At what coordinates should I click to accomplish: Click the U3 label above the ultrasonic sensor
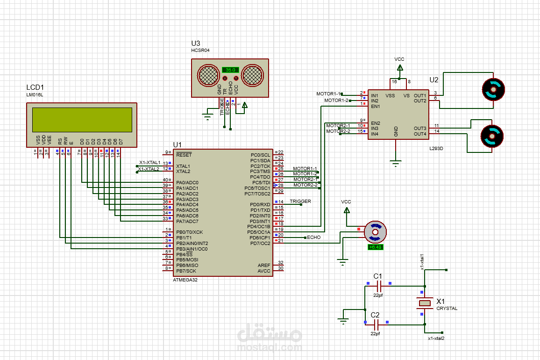196,43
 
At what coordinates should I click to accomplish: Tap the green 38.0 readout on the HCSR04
230,70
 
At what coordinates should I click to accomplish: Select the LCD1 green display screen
82,120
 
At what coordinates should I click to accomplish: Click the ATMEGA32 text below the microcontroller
185,279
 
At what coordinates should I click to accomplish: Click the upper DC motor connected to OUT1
493,89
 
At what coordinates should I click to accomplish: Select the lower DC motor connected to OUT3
492,137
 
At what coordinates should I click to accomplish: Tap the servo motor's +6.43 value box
376,247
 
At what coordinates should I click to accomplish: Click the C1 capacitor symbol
379,284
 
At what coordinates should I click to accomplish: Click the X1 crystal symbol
425,303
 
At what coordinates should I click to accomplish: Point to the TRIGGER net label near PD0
300,202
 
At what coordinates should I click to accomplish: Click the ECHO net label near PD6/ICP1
314,238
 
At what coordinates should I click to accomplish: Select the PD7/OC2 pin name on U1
260,243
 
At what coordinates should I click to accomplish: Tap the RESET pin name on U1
184,154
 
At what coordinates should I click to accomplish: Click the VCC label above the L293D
399,59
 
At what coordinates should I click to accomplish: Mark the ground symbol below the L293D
396,164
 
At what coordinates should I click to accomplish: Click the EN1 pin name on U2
375,106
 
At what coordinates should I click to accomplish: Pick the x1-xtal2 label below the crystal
436,338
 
